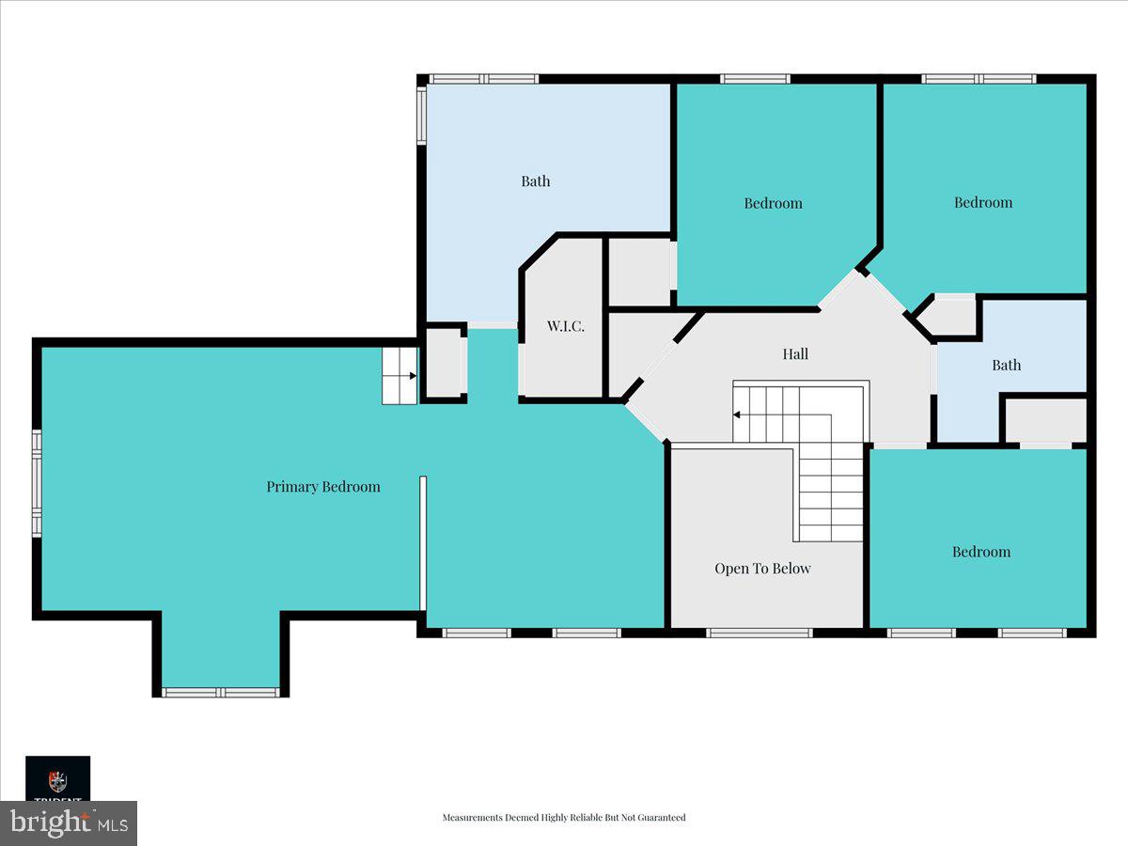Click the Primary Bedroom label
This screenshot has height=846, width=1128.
click(x=323, y=487)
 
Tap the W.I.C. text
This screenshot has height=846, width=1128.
click(x=566, y=326)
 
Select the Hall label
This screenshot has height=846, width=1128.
click(x=795, y=354)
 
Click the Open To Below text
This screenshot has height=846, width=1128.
click(x=762, y=569)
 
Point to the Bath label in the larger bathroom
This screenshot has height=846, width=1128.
click(x=536, y=181)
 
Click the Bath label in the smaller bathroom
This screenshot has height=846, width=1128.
click(x=1006, y=366)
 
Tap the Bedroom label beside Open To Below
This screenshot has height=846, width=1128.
click(x=981, y=552)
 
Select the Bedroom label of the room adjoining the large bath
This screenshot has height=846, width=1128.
click(x=773, y=203)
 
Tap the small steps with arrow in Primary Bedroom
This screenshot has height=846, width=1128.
click(x=399, y=376)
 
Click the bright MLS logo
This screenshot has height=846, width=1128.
click(x=68, y=823)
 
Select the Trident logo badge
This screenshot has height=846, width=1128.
click(x=57, y=778)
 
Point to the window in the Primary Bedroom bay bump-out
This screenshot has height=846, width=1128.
click(x=221, y=693)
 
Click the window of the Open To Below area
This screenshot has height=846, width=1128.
click(x=759, y=633)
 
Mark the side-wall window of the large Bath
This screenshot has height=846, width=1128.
click(x=422, y=116)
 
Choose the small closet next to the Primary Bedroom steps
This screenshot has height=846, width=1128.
click(x=443, y=363)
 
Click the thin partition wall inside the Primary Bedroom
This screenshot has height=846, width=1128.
click(x=423, y=543)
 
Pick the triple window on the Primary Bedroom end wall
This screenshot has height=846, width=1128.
click(x=37, y=483)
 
